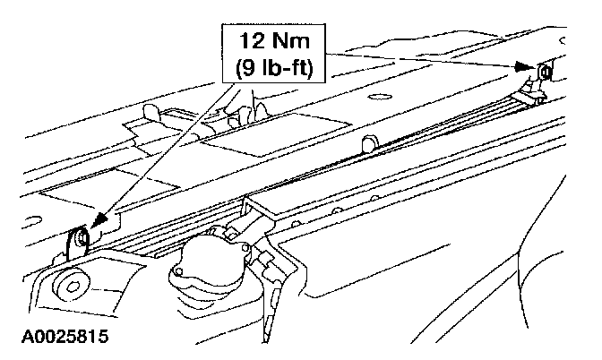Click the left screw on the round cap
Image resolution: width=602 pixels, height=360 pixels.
182,270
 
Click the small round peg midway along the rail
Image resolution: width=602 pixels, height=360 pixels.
366,144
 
